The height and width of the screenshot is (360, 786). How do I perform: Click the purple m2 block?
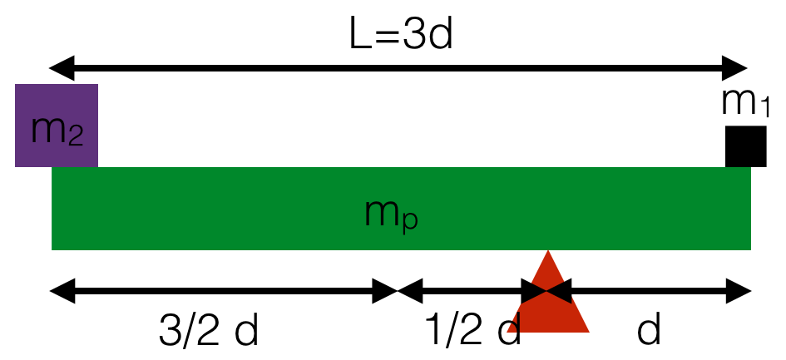(57, 125)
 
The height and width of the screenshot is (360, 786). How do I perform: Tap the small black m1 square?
(745, 146)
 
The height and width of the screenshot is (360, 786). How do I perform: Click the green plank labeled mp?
(250, 208)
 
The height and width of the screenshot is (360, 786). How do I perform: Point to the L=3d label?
(400, 35)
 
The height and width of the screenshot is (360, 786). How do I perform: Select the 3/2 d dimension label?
(209, 331)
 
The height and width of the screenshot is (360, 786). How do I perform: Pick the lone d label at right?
(649, 331)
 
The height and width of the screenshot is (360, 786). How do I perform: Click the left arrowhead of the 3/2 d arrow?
(60, 291)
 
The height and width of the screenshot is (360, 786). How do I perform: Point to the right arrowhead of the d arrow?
(742, 291)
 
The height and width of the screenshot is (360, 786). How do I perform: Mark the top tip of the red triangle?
(548, 253)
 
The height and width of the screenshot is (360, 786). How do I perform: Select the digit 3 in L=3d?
(413, 35)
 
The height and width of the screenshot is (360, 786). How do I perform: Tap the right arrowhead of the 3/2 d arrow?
(388, 291)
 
